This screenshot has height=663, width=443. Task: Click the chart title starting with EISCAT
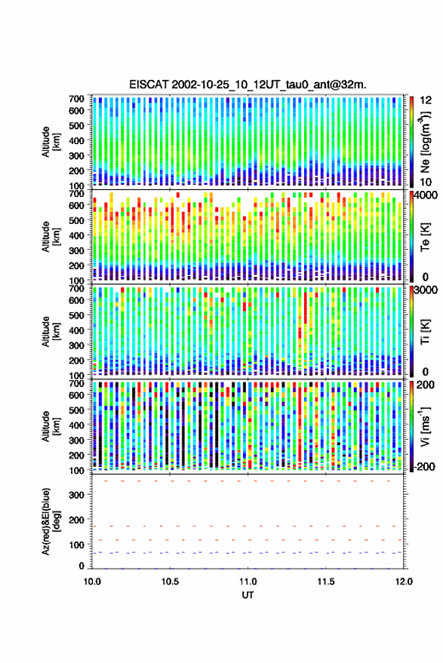click(x=248, y=84)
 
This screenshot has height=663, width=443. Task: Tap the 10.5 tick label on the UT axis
click(x=170, y=582)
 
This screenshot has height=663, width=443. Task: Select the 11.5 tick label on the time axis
click(x=326, y=582)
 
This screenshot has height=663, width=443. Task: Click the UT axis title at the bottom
click(x=248, y=595)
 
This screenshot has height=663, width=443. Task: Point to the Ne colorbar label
click(x=426, y=143)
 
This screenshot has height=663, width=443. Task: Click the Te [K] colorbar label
click(x=426, y=237)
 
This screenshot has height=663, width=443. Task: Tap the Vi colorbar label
click(x=426, y=427)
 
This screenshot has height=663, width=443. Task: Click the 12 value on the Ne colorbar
click(x=426, y=100)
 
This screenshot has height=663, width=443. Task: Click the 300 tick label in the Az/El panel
click(x=76, y=495)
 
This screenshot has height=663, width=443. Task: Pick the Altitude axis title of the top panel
click(x=50, y=142)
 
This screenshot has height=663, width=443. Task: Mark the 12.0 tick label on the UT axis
click(x=404, y=582)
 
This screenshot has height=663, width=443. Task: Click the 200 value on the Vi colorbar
click(x=425, y=385)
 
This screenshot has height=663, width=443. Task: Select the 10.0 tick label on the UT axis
click(x=92, y=582)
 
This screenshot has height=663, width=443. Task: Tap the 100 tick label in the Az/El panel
click(x=76, y=545)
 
